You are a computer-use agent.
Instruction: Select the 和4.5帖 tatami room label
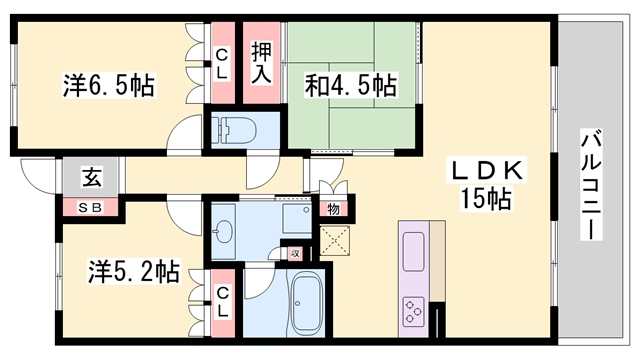(x=350, y=86)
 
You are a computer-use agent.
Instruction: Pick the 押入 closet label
(x=262, y=62)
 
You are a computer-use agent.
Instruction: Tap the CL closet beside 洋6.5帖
(x=221, y=62)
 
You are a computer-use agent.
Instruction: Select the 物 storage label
(x=332, y=209)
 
